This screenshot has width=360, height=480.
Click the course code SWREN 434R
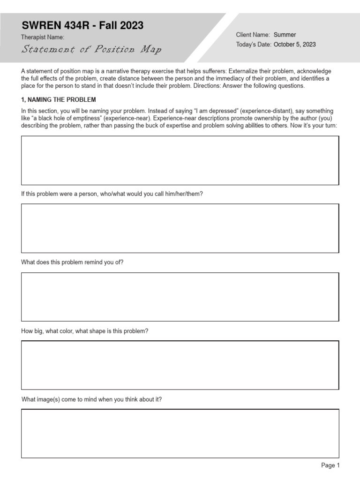55,25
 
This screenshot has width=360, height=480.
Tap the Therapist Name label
43,37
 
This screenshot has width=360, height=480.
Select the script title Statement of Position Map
91,49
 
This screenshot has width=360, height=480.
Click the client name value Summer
285,35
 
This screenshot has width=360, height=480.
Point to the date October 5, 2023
294,45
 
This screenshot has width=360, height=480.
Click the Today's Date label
254,45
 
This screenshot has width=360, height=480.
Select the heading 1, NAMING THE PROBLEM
59,99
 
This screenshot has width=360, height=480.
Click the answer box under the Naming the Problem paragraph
180,160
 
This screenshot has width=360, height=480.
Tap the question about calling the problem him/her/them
112,194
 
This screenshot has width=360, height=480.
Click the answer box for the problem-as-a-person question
180,228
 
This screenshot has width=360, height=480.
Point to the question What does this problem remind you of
72,262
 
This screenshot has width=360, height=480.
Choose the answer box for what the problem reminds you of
180,297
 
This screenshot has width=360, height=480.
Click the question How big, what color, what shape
85,331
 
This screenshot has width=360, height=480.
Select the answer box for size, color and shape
180,365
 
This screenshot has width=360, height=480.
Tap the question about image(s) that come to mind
92,399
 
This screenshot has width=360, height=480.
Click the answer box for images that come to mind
180,434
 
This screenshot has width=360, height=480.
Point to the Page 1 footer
330,465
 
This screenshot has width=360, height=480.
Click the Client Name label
253,35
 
